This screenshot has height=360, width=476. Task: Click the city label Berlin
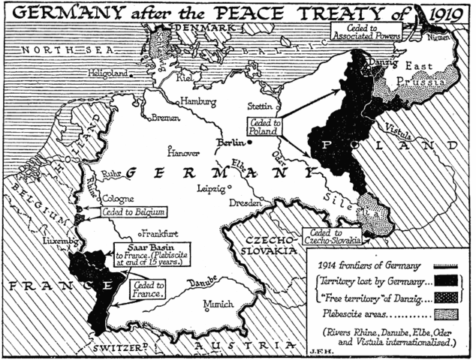point(230,142)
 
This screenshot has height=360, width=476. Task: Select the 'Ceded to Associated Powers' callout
point(368,30)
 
